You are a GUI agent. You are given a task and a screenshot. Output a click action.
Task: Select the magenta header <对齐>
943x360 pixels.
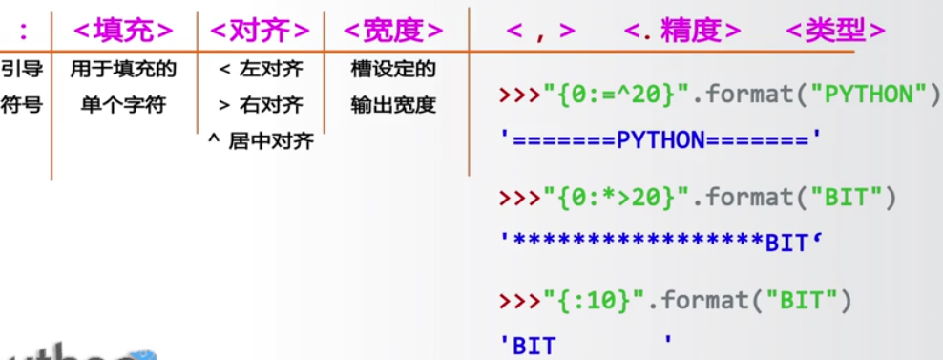pos(260,30)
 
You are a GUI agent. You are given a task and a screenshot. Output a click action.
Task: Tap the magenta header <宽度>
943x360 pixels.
pos(393,30)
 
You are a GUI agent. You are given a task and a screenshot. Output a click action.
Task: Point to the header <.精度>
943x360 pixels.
pos(682,30)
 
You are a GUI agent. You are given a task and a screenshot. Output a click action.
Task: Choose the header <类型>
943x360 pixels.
pos(836,30)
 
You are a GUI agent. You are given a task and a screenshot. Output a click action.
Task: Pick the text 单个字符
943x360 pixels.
pos(123,104)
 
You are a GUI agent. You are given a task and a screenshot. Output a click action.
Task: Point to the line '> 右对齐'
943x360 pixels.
pos(260,104)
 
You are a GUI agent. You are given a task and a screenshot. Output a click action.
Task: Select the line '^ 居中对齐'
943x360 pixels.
pos(261,141)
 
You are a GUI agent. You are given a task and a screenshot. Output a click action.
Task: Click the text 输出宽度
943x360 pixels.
pos(393,104)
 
